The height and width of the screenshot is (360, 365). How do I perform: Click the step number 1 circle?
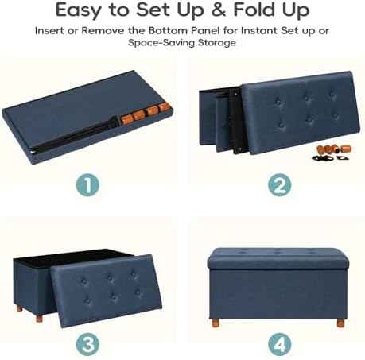(87, 185)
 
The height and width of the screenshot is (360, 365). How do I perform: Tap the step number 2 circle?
(279, 185)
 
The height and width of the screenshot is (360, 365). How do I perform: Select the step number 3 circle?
(87, 344)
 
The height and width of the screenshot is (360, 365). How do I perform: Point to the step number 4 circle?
(279, 344)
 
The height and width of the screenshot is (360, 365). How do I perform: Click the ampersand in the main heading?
(219, 10)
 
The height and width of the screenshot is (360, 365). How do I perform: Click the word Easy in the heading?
(79, 10)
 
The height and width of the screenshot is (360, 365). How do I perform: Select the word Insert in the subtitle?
(49, 30)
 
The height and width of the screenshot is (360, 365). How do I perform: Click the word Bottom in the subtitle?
(168, 30)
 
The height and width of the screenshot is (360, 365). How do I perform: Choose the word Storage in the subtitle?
(217, 43)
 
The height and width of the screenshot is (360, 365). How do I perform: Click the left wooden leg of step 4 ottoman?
(215, 323)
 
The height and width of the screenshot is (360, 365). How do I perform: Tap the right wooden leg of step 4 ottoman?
(340, 323)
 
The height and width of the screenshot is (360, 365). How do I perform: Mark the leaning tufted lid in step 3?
(107, 291)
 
